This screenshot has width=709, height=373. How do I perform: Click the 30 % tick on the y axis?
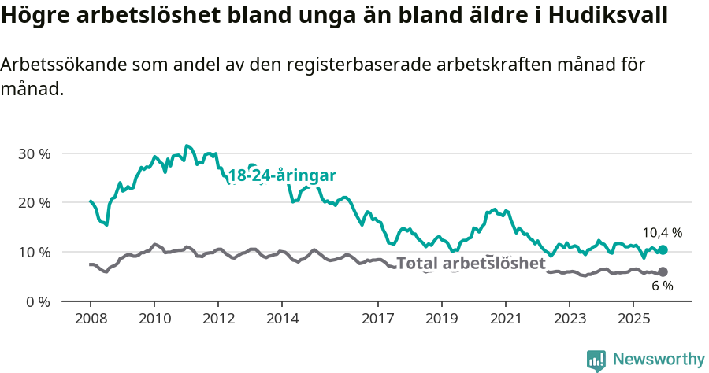34,153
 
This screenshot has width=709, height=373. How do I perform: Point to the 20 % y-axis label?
34,202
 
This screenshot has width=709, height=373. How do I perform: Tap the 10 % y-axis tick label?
34,252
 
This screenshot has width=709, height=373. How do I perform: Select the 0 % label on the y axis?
37,301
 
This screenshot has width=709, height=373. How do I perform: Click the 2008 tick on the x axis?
91,319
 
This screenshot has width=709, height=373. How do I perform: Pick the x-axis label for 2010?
154,319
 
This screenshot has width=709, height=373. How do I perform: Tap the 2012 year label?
218,319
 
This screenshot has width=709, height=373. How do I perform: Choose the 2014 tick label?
282,319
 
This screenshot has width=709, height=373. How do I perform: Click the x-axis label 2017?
377,319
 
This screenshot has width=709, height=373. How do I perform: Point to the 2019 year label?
441,319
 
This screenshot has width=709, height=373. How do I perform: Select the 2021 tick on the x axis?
505,319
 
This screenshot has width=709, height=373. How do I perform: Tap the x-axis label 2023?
569,319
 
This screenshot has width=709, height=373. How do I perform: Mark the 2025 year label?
633,319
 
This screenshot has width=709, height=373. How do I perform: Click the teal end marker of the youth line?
663,249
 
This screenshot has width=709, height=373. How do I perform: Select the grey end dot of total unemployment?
663,272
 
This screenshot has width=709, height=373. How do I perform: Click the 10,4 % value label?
663,233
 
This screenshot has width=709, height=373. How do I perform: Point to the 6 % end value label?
662,286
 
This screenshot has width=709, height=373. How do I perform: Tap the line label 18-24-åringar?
282,175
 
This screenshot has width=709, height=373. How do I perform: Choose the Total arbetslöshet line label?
471,263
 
